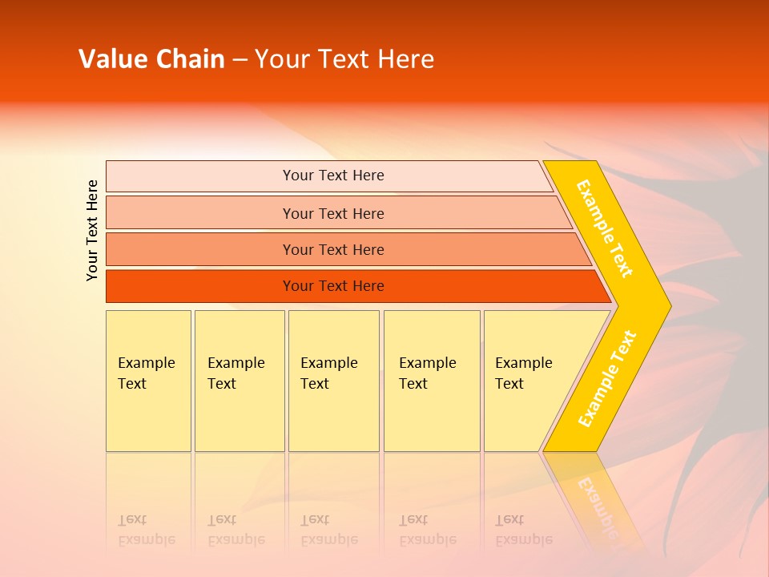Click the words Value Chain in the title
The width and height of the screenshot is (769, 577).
[x=151, y=59]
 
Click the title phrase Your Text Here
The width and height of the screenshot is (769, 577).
[x=344, y=59]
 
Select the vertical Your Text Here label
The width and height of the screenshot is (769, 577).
[x=92, y=230]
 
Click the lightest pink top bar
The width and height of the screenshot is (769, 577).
[x=200, y=176]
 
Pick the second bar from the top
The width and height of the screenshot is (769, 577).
[x=200, y=213]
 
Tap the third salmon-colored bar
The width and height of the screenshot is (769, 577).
[x=200, y=249]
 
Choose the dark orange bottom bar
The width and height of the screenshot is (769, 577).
[x=200, y=286]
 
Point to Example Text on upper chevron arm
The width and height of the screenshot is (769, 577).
[x=605, y=228]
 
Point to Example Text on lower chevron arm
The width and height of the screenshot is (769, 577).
[x=607, y=378]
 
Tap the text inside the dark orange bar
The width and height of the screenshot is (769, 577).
[x=333, y=286]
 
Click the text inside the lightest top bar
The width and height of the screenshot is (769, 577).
[x=333, y=176]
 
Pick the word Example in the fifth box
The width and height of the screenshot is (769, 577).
[x=524, y=363]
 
